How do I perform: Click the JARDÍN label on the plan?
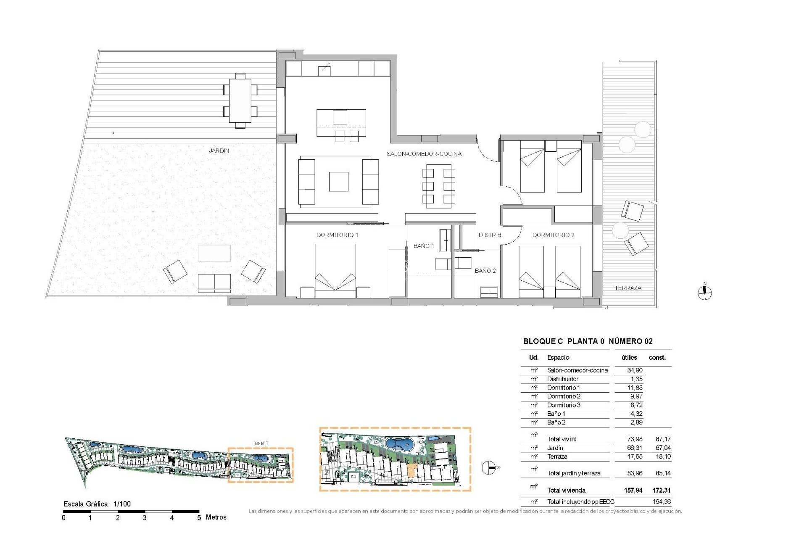point(219,150)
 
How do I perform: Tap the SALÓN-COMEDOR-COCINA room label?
point(424,154)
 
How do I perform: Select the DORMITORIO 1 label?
point(337,235)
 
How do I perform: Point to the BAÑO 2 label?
point(485,271)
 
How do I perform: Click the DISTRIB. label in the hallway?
point(490,235)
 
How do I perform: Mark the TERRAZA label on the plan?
point(628,288)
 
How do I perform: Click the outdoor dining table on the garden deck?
point(240,100)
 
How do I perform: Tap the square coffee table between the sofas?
point(338,182)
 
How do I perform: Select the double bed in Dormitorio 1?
point(335,269)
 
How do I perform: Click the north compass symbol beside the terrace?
point(705,293)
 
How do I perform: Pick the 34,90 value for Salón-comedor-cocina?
point(634,370)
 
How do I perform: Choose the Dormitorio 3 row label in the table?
point(563,405)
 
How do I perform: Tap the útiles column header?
point(629,358)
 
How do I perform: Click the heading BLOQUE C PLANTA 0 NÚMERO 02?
point(588,341)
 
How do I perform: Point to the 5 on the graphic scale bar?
point(199,518)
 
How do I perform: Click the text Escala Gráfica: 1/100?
point(97,504)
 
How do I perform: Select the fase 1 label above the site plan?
point(260,443)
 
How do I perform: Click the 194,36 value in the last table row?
point(662,501)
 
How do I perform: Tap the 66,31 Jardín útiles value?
point(634,448)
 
